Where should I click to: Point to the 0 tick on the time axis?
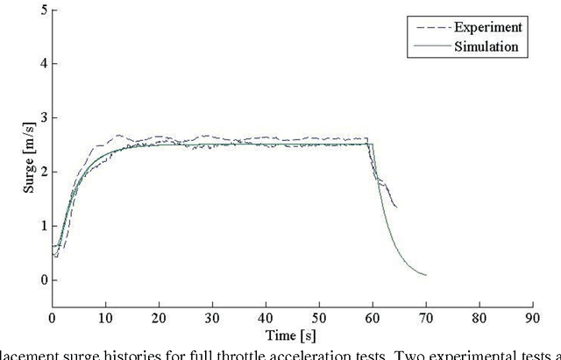[x=53, y=317]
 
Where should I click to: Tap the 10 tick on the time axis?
[x=106, y=317]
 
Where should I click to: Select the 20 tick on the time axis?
[x=160, y=317]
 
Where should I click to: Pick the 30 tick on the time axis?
[x=213, y=317]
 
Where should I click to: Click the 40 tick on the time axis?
[x=266, y=317]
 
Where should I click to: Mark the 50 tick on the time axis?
[x=320, y=317]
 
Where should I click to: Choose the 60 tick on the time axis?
[x=373, y=317]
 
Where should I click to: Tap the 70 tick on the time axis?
[x=427, y=317]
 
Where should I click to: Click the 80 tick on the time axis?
[x=480, y=317]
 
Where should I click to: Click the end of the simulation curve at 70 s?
[x=427, y=275]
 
